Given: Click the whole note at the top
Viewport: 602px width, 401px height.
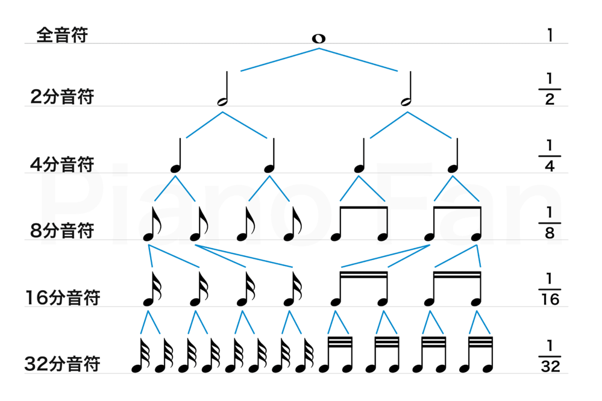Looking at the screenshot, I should pyautogui.click(x=318, y=39).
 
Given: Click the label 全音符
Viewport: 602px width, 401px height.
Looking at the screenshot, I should pyautogui.click(x=62, y=35).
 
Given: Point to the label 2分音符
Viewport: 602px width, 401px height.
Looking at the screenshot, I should pyautogui.click(x=63, y=97).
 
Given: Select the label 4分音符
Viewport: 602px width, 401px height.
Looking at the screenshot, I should pyautogui.click(x=63, y=164).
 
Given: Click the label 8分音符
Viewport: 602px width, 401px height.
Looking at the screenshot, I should pyautogui.click(x=63, y=231).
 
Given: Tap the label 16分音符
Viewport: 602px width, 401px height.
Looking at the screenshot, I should pyautogui.click(x=63, y=297).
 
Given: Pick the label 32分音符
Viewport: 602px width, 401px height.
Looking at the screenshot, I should pyautogui.click(x=63, y=364).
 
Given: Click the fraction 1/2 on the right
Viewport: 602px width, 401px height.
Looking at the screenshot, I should pyautogui.click(x=550, y=89).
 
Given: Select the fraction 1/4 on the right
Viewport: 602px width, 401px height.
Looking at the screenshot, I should pyautogui.click(x=550, y=156).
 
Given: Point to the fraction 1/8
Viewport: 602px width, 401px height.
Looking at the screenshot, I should pyautogui.click(x=550, y=223).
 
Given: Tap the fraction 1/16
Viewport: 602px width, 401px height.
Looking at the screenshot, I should pyautogui.click(x=550, y=290).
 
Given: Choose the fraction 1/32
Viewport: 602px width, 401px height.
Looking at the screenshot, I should pyautogui.click(x=550, y=356).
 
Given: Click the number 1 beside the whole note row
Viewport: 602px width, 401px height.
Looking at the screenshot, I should pyautogui.click(x=550, y=35).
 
